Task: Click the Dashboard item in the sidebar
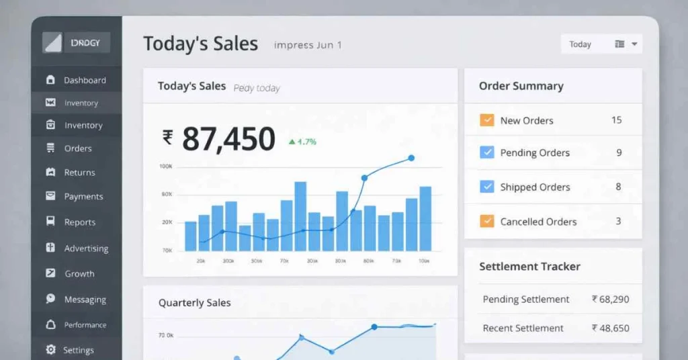point(85,80)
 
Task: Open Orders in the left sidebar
point(78,148)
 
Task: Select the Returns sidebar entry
point(79,173)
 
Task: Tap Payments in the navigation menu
point(83,197)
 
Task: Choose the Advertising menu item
point(86,249)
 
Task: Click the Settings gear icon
point(50,350)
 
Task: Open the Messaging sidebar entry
point(85,300)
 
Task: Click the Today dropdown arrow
point(634,44)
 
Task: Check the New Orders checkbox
point(487,120)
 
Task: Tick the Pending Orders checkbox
point(487,152)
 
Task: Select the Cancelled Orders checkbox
point(487,221)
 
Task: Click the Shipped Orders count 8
point(618,187)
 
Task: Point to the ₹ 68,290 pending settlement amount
point(610,299)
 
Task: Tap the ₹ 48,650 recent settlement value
point(610,328)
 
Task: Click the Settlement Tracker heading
point(529,267)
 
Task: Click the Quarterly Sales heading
point(194,303)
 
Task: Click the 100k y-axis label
point(166,166)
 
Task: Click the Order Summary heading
point(521,86)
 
